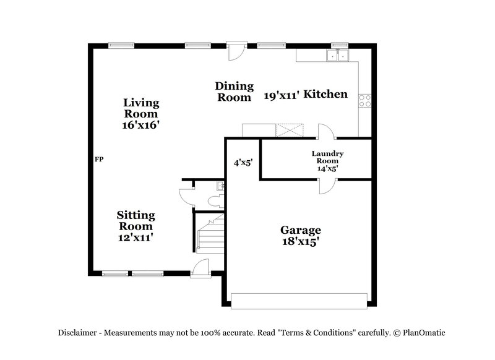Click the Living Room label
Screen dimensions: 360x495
click(141, 108)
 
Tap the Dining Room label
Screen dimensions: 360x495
click(234, 92)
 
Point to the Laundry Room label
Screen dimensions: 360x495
click(327, 157)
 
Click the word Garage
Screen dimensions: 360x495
click(300, 230)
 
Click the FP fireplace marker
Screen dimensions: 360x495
click(99, 160)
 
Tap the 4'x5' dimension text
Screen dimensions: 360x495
click(243, 163)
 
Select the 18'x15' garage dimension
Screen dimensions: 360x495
click(300, 242)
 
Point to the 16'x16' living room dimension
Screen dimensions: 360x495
click(141, 124)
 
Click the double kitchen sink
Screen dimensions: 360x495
click(338, 56)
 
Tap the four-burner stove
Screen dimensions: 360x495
click(365, 100)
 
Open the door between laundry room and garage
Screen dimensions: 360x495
click(327, 185)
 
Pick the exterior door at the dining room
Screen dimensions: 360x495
click(235, 51)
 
